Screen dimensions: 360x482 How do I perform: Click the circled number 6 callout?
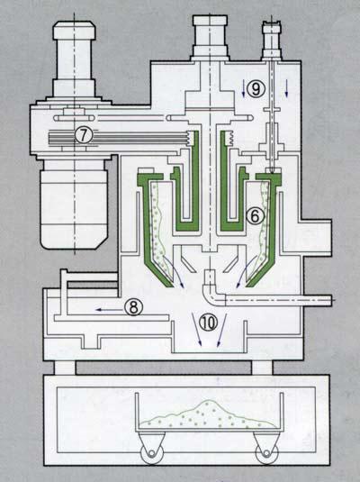(256, 216)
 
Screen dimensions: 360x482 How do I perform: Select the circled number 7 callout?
(82, 135)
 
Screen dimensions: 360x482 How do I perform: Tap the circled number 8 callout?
(133, 307)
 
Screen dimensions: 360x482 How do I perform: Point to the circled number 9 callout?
(256, 89)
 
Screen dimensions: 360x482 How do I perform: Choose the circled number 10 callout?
(209, 323)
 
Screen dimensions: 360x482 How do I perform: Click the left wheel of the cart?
(150, 453)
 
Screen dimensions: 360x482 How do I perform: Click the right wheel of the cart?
(266, 453)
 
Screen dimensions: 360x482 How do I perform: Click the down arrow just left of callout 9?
(243, 88)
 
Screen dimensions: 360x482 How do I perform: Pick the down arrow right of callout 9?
(287, 88)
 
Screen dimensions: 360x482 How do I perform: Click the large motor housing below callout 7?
(75, 205)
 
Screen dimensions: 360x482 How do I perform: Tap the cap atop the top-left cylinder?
(75, 30)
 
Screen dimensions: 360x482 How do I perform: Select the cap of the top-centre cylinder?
(211, 21)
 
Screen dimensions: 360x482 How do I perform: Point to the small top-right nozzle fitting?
(272, 40)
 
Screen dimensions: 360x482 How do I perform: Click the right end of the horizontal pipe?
(331, 300)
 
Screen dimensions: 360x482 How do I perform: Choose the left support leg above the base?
(65, 368)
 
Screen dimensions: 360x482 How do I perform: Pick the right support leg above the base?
(262, 368)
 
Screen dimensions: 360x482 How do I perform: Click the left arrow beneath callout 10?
(196, 329)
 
